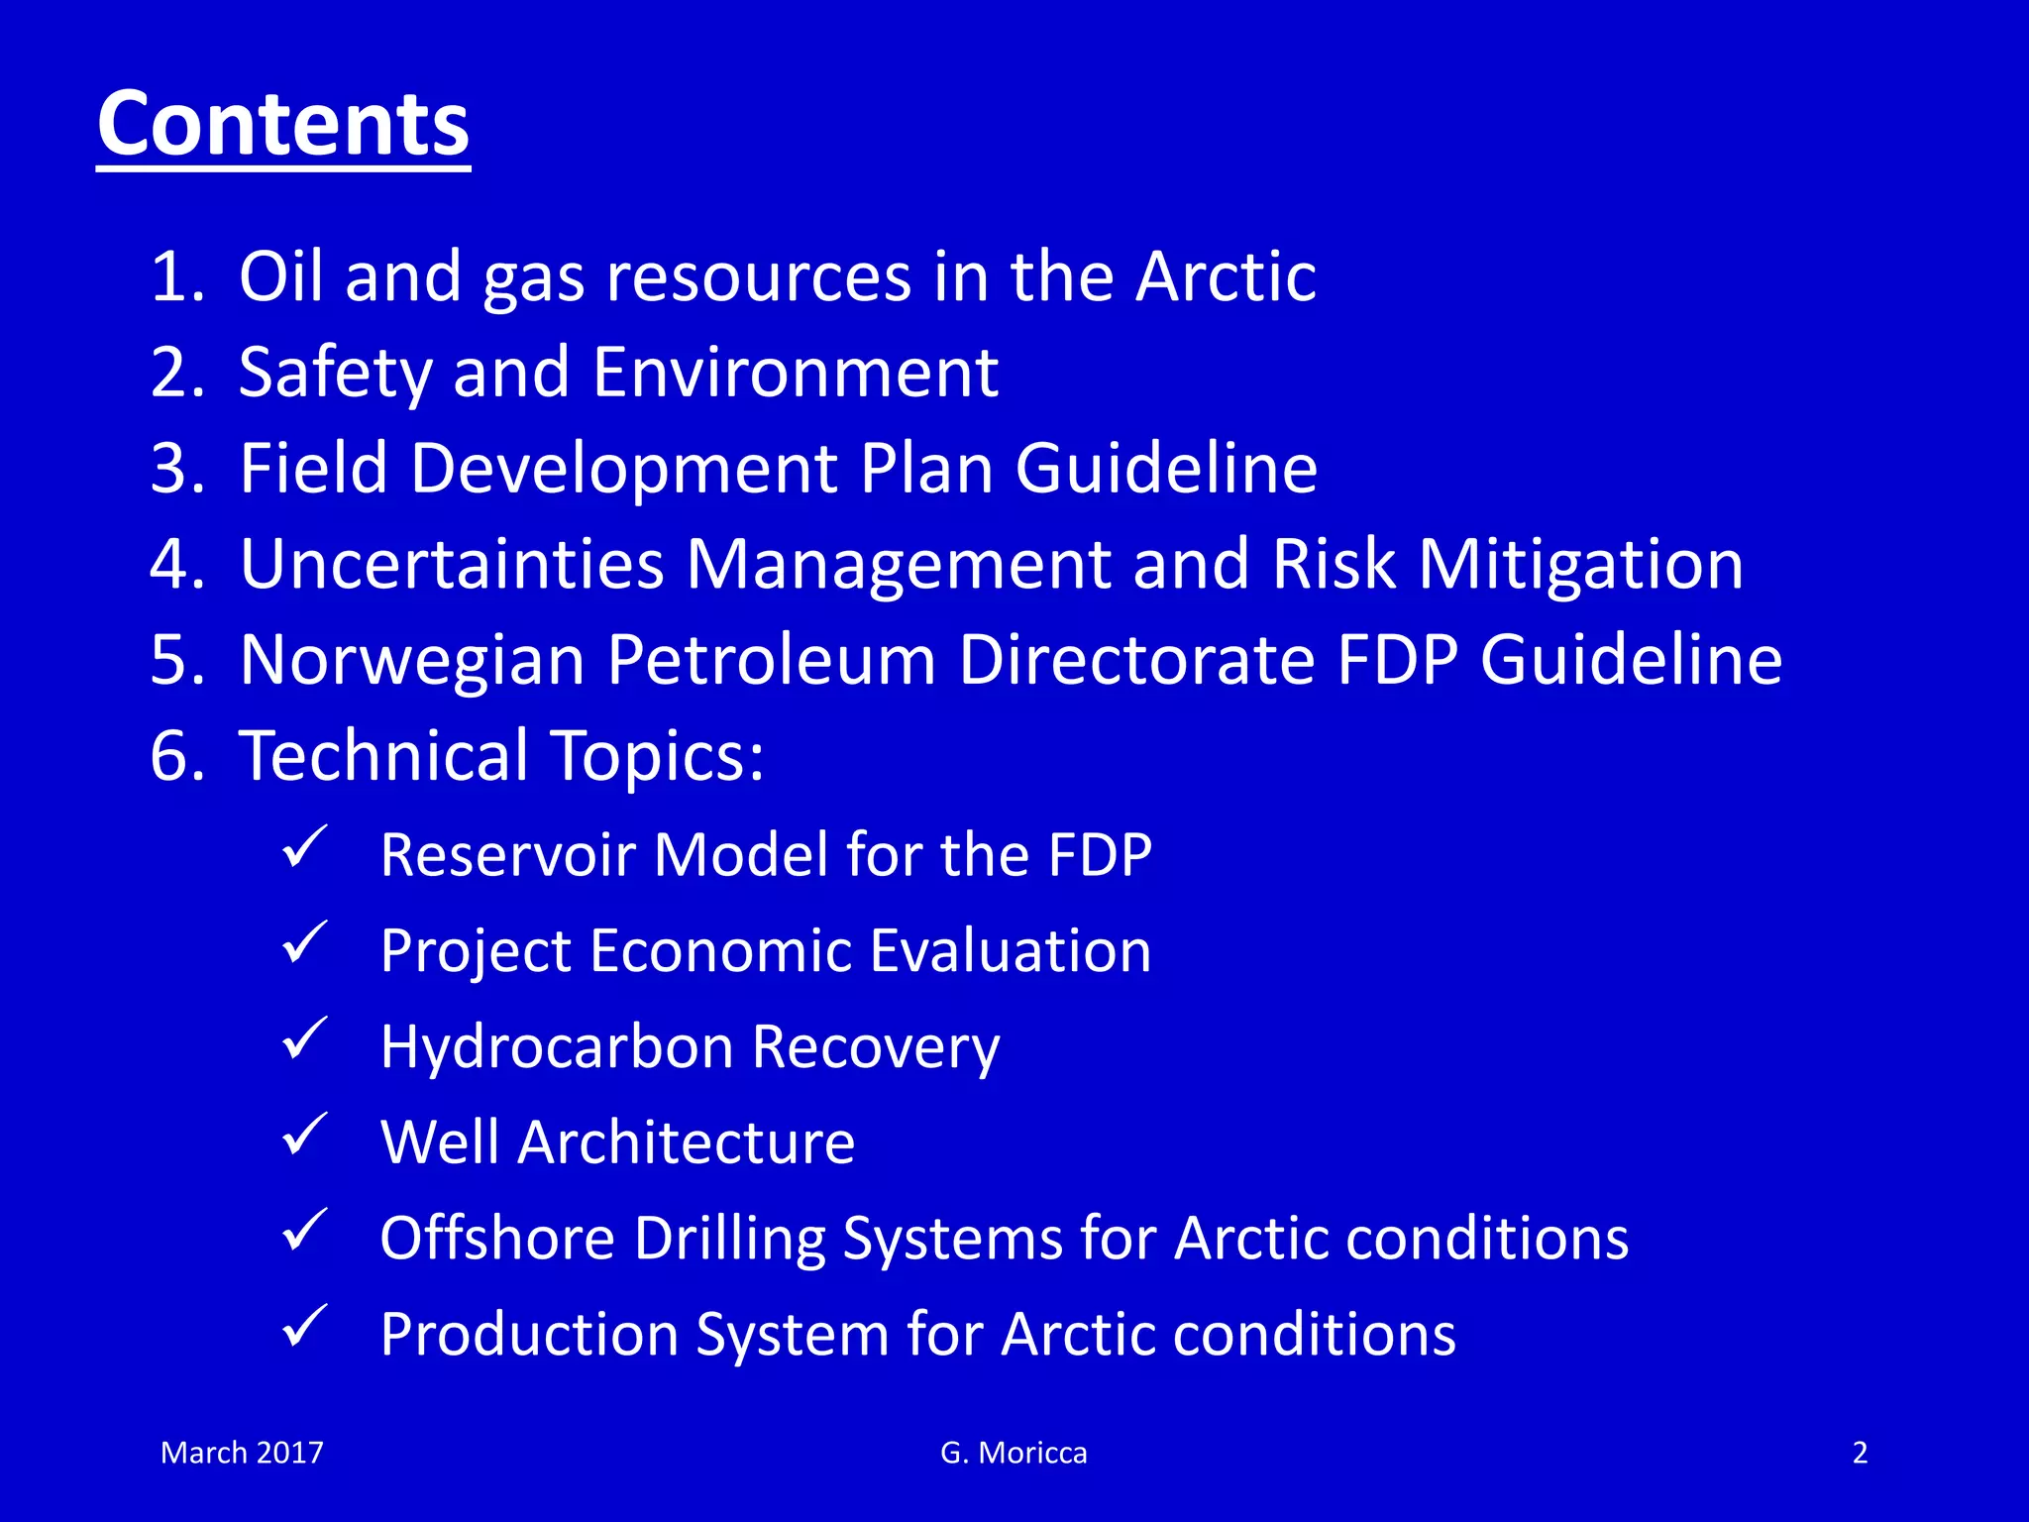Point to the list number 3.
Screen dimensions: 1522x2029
pyautogui.click(x=176, y=469)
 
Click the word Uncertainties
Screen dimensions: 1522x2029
pyautogui.click(x=451, y=565)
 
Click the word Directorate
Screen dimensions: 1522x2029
pyautogui.click(x=1136, y=660)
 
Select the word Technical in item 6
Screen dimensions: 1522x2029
pyautogui.click(x=384, y=756)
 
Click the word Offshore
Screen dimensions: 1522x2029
pyautogui.click(x=496, y=1239)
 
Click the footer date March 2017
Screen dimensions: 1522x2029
pyautogui.click(x=242, y=1453)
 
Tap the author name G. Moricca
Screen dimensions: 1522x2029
pyautogui.click(x=1014, y=1453)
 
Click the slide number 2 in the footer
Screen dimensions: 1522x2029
pyautogui.click(x=1860, y=1453)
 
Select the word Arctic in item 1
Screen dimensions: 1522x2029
pyautogui.click(x=1226, y=276)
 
